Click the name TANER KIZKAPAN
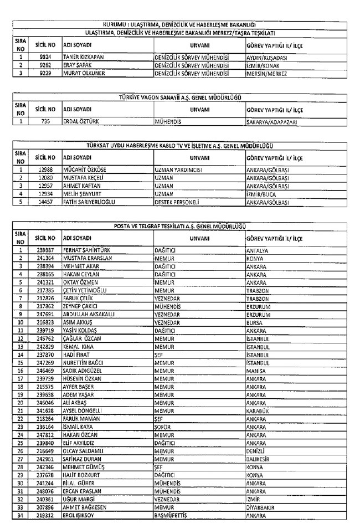pyautogui.click(x=83, y=57)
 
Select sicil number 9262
pyautogui.click(x=46, y=64)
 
